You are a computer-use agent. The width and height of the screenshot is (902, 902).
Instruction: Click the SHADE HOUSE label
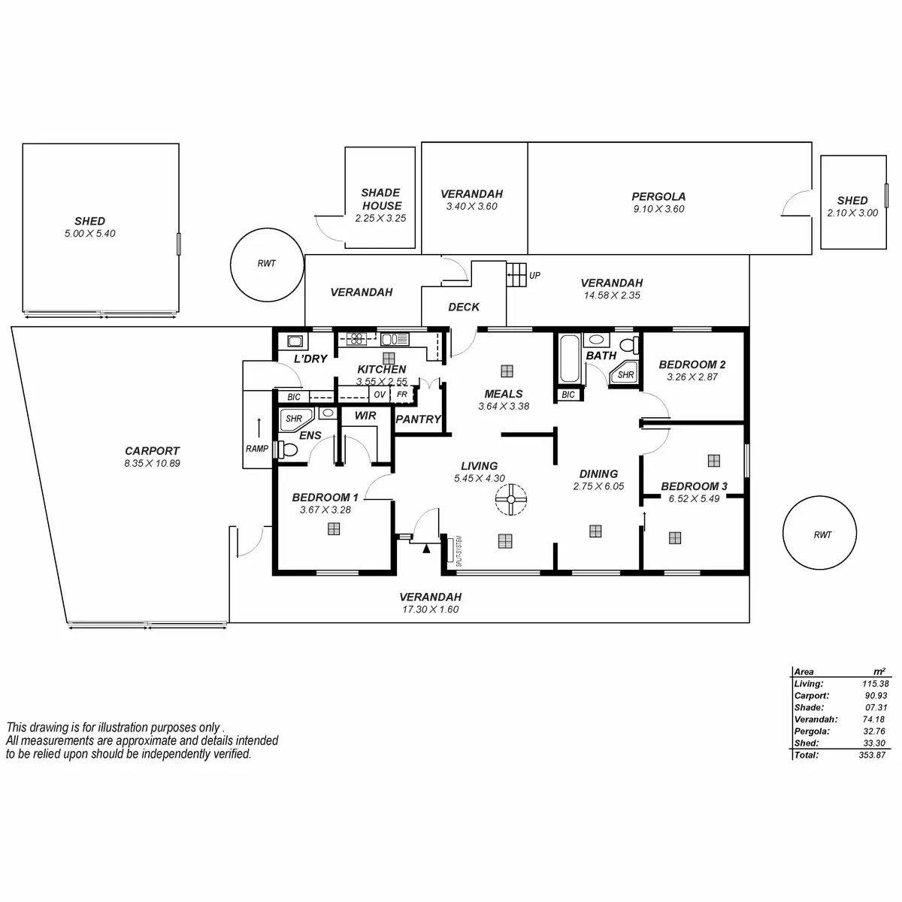(x=382, y=199)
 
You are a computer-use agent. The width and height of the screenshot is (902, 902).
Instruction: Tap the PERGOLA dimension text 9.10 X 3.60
(x=658, y=209)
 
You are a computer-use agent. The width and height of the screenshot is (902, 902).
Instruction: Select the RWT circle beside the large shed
(x=266, y=264)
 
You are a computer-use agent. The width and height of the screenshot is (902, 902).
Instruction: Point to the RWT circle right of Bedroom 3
(x=822, y=535)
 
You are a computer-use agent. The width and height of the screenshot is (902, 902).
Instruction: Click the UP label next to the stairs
(x=534, y=276)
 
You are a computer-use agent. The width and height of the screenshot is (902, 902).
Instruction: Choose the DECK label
(x=464, y=307)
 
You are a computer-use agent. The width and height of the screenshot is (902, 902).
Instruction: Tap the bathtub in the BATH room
(x=569, y=359)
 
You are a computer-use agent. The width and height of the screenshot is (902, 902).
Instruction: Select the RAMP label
(x=257, y=449)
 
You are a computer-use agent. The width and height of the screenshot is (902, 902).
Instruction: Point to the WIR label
(x=365, y=416)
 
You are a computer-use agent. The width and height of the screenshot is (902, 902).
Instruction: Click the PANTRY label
(x=418, y=419)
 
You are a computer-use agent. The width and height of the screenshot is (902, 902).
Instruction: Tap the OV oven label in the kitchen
(x=380, y=395)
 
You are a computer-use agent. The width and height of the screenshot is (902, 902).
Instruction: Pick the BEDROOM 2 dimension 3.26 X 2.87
(x=692, y=377)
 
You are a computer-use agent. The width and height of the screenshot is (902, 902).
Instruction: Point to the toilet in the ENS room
(x=288, y=450)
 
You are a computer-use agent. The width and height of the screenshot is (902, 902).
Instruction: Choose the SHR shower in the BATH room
(x=624, y=374)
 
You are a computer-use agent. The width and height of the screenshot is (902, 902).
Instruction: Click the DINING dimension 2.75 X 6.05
(x=598, y=486)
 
